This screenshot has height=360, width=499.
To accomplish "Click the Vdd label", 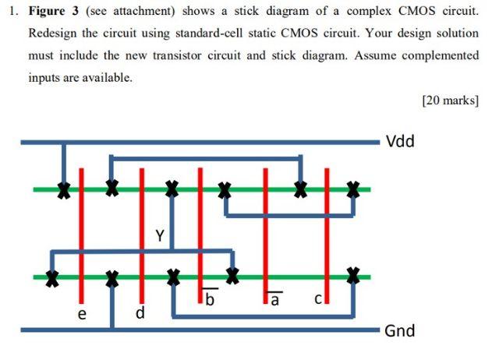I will (401, 141).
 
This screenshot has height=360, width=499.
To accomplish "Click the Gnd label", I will (401, 331).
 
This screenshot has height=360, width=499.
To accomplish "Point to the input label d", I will (140, 314).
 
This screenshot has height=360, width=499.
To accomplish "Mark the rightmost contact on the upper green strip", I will (354, 189).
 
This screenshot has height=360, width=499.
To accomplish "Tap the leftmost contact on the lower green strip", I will (51, 277).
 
